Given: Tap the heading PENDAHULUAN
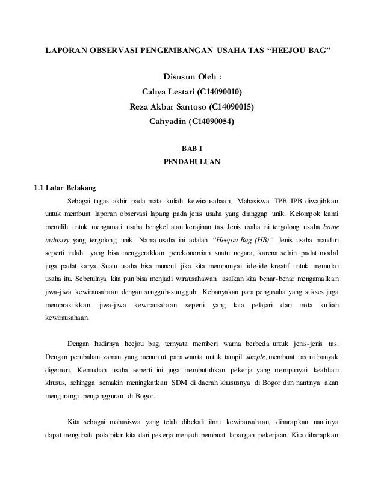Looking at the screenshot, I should (x=192, y=162).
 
